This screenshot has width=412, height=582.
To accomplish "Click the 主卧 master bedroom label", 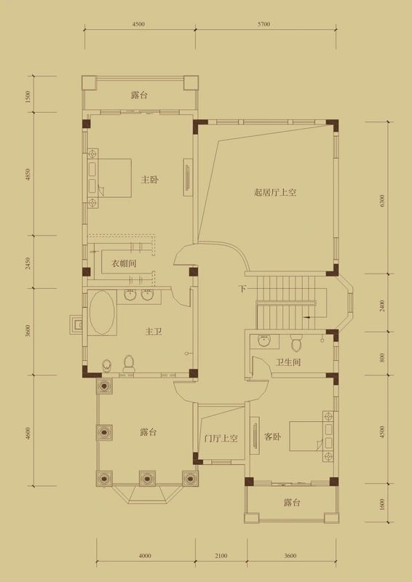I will [x=149, y=180].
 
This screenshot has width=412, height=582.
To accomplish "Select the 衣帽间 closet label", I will [x=124, y=263].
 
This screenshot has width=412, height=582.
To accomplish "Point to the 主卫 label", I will [x=153, y=332].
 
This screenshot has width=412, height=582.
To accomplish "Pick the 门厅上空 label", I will [x=221, y=439].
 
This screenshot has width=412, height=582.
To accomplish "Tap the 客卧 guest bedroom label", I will [x=272, y=437].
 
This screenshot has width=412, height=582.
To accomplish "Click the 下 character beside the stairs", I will [x=242, y=290].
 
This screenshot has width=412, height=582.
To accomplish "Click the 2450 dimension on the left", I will [x=28, y=263].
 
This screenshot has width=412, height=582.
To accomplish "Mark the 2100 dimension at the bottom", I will [x=221, y=556].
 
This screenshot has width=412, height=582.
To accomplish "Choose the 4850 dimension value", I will [x=28, y=175].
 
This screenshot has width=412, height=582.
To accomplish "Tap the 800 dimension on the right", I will [x=381, y=357].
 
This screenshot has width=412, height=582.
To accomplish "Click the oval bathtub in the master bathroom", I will [x=102, y=313].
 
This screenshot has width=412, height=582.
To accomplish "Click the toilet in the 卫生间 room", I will [x=296, y=342].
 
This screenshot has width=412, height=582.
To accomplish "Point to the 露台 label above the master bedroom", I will [x=140, y=95].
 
